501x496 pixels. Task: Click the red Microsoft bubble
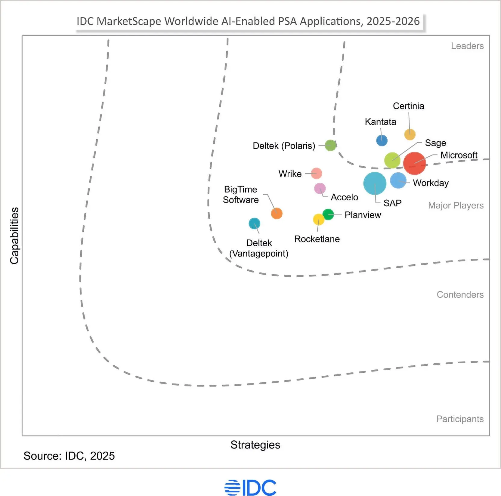414,163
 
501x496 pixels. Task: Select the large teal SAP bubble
375,183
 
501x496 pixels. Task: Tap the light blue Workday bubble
398,180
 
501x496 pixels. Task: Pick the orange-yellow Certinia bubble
410,134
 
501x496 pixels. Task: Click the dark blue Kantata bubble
382,140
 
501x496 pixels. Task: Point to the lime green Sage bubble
392,160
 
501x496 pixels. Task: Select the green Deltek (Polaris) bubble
330,146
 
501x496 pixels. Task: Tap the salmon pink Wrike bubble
316,173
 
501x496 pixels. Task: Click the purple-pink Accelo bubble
320,189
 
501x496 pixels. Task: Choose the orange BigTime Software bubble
277,214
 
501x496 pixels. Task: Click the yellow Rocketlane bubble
318,220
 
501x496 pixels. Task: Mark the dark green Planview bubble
328,214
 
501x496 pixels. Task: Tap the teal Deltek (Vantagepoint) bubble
254,223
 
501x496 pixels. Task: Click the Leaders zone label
467,46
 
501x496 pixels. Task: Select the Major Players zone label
456,205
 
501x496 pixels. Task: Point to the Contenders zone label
460,294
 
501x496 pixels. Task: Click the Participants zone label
459,419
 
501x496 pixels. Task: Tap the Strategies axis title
255,445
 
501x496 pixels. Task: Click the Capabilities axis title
14,236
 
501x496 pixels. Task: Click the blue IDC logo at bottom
250,488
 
